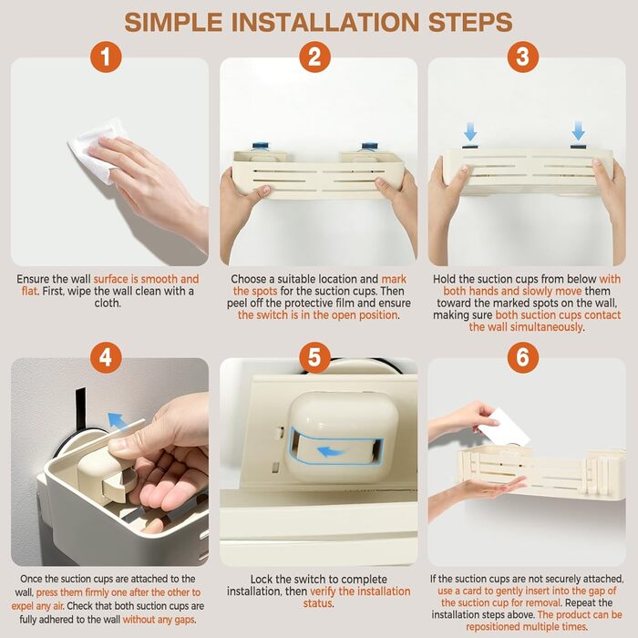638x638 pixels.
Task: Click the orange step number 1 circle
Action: (106, 57)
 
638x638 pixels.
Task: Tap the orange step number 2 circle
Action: (314, 57)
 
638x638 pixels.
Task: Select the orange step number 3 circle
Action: (523, 57)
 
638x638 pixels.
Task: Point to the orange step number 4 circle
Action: (106, 357)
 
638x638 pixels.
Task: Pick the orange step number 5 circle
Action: (314, 357)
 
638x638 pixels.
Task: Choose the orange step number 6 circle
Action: (523, 357)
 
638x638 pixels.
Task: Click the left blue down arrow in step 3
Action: (470, 131)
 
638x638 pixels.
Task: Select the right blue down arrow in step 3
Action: (578, 130)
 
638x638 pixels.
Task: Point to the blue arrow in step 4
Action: (117, 421)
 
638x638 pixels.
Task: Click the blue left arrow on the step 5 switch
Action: (331, 452)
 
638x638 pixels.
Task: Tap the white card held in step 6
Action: (503, 427)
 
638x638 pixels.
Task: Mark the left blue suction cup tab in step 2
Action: (261, 146)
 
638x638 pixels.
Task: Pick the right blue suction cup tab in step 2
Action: (369, 147)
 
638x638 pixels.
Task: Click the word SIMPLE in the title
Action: (173, 22)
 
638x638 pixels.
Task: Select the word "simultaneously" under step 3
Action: (546, 327)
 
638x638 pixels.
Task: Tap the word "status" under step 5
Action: (318, 603)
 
